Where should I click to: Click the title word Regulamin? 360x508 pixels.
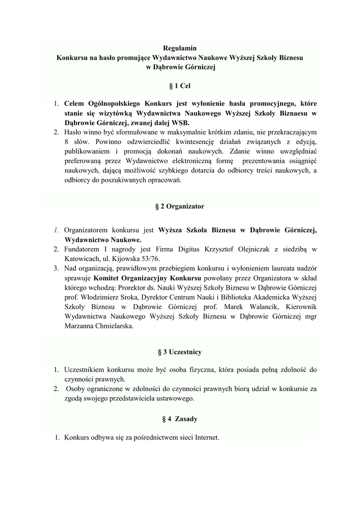click(x=180, y=48)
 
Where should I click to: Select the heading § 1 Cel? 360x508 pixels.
click(x=180, y=86)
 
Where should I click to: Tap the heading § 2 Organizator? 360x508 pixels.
click(x=180, y=205)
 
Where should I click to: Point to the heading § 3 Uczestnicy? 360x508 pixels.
click(x=180, y=352)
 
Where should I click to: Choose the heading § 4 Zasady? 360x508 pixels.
click(x=180, y=419)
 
